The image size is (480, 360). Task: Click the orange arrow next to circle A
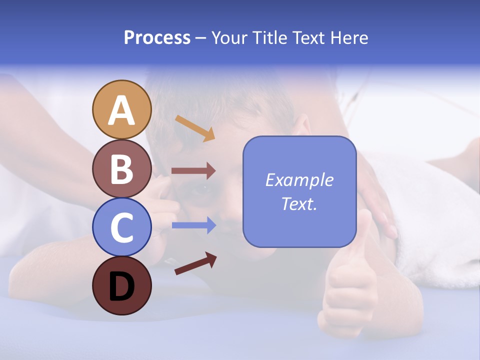pos(195,128)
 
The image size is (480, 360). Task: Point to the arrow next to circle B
pos(193,171)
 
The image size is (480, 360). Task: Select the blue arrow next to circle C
pos(193,225)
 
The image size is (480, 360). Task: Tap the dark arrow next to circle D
pos(195,263)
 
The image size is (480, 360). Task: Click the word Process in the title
pos(157,37)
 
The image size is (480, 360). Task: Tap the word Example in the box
pos(299,180)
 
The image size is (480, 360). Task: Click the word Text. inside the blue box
pos(299,203)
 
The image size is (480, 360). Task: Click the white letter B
pos(121,169)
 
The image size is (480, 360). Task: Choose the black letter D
pos(121,286)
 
